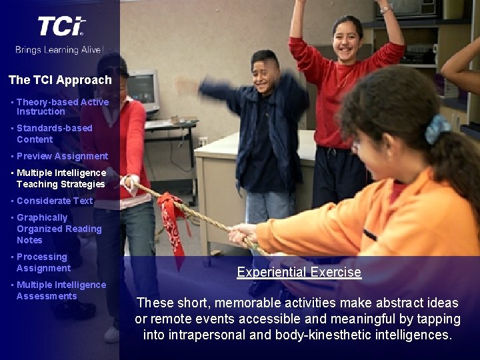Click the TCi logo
61,27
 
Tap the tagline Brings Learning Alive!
59,49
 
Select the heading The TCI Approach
60,80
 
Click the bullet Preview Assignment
62,156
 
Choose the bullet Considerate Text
55,201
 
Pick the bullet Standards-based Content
54,133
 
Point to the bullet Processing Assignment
43,262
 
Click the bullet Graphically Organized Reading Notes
59,229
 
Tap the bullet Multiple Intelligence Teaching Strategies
61,178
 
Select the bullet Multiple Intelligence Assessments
61,290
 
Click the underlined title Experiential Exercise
299,272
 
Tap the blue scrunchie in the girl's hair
437,129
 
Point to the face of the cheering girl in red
347,39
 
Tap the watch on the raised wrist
385,9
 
